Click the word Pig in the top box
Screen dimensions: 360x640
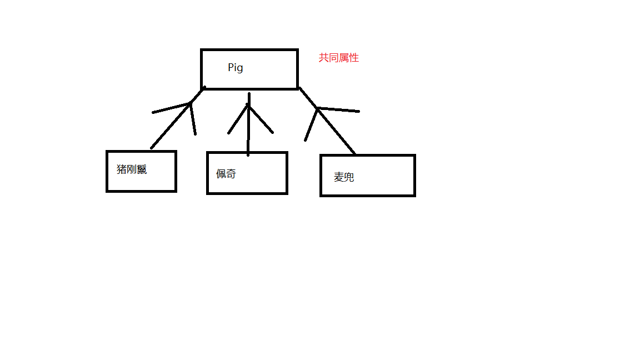236,68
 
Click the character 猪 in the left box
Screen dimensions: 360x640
122,169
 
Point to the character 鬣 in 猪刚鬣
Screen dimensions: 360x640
142,169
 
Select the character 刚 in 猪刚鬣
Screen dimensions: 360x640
132,169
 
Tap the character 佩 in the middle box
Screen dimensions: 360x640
221,174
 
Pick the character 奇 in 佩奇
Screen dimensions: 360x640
231,174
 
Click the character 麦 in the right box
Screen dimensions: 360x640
339,177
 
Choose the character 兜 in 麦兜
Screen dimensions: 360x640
349,177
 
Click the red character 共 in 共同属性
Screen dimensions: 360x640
323,58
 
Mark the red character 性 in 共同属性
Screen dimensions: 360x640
354,58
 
